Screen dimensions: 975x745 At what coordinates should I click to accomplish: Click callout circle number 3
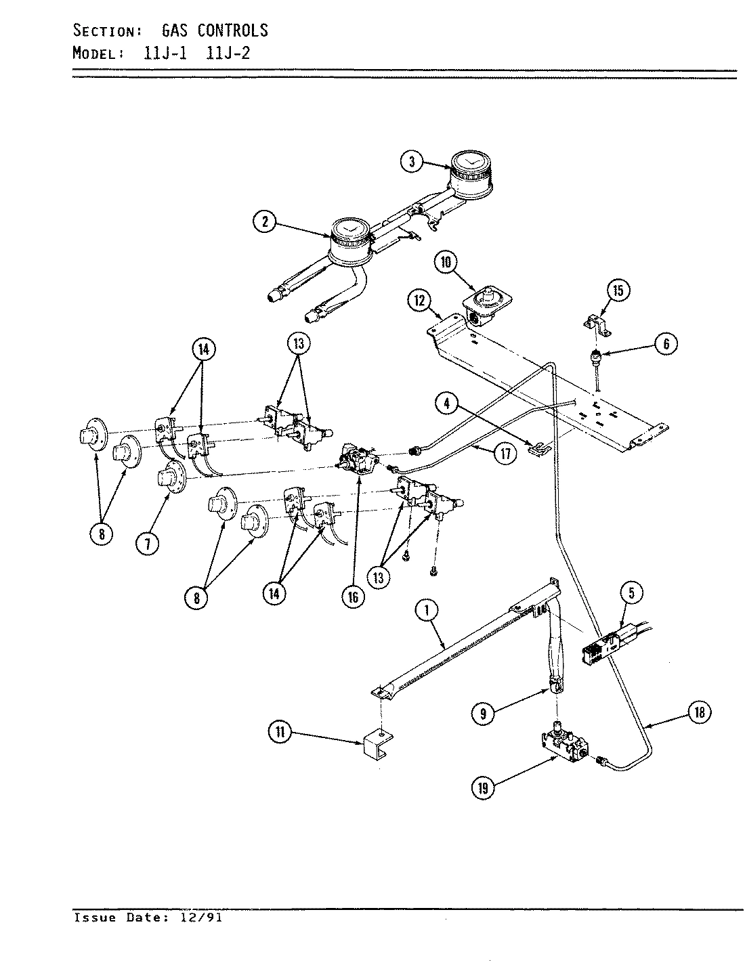[x=412, y=161]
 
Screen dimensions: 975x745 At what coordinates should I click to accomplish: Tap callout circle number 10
[x=446, y=263]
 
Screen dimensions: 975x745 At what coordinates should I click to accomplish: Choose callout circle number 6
[x=666, y=344]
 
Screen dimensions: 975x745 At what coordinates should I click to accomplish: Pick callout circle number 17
[x=505, y=453]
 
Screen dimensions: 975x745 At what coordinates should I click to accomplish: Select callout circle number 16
[x=353, y=597]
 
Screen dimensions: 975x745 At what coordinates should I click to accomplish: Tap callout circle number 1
[x=427, y=611]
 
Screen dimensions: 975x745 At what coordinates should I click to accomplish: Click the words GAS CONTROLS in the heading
[x=215, y=30]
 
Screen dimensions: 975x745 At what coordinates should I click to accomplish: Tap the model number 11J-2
[x=228, y=53]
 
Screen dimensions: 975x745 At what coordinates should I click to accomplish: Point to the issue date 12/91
[x=203, y=918]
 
